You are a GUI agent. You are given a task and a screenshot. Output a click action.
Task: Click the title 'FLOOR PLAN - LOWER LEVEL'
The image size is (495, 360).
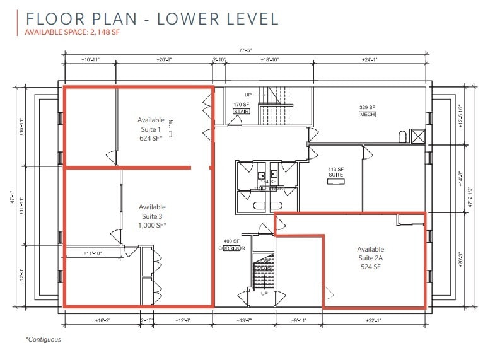coord(151,18)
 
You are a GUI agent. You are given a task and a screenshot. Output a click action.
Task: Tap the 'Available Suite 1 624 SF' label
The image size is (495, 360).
coord(151,129)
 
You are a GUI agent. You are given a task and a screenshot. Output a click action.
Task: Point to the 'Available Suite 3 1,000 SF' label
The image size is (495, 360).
coord(152,216)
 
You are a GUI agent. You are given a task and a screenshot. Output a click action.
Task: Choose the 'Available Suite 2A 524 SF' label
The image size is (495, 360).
coord(370,258)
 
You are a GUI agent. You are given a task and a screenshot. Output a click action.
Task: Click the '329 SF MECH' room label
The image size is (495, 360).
coord(368,111)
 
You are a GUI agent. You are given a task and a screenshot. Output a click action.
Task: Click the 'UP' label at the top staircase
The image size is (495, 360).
coord(248,95)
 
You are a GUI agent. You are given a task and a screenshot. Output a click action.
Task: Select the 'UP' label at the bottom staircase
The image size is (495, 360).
coord(265,294)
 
